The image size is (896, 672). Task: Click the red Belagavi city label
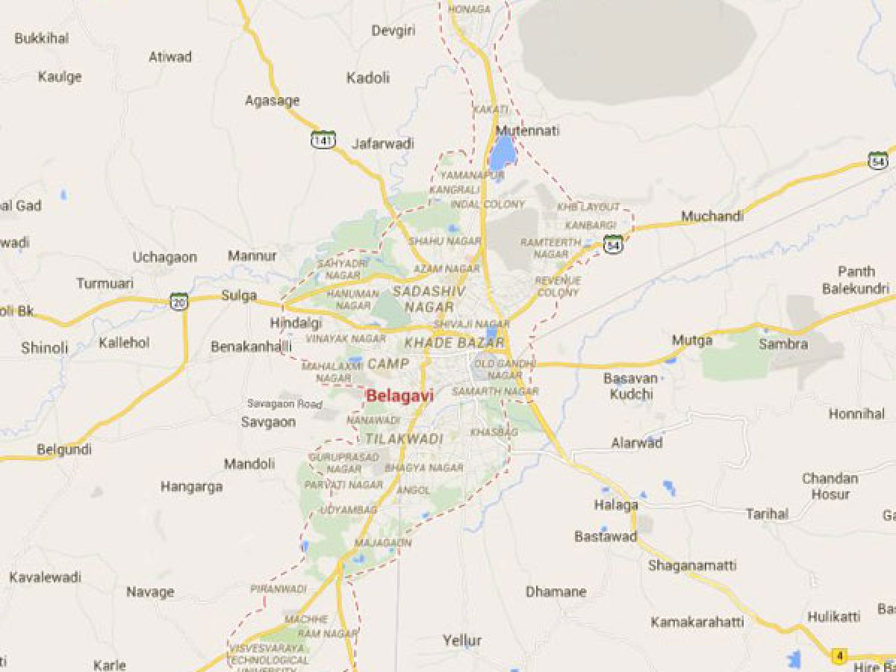[399, 396]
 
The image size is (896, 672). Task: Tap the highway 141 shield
[323, 139]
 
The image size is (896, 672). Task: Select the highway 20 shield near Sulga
[179, 302]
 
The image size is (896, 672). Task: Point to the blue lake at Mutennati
[502, 155]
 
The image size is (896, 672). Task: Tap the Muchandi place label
[712, 217]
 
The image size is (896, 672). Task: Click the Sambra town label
[783, 344]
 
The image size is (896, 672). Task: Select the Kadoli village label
[368, 78]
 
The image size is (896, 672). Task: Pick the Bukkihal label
[42, 38]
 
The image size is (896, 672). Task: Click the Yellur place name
[462, 641]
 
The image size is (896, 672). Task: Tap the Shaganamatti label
[692, 565]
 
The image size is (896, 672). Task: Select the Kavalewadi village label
[46, 577]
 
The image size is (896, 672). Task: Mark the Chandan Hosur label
[830, 486]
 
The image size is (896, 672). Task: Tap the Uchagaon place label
[165, 257]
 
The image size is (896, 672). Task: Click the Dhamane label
[556, 592]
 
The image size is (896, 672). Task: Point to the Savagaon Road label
[284, 404]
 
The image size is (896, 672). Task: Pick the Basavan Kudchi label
[629, 386]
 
